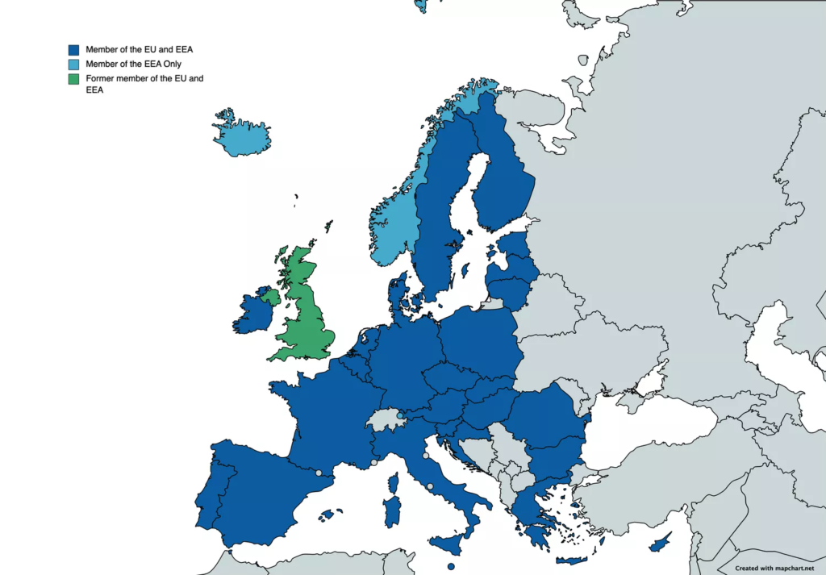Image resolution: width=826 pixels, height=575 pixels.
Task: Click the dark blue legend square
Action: (x=74, y=49)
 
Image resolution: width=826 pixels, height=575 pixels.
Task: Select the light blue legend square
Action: (x=74, y=64)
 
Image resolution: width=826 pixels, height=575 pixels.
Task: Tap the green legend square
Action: (x=74, y=78)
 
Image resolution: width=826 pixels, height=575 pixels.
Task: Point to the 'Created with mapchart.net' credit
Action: (x=774, y=568)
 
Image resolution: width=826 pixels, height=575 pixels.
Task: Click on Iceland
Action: (x=242, y=137)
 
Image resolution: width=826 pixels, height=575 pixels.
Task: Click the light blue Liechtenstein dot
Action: (x=400, y=415)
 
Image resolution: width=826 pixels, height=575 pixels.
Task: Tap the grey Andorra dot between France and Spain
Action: (x=319, y=473)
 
